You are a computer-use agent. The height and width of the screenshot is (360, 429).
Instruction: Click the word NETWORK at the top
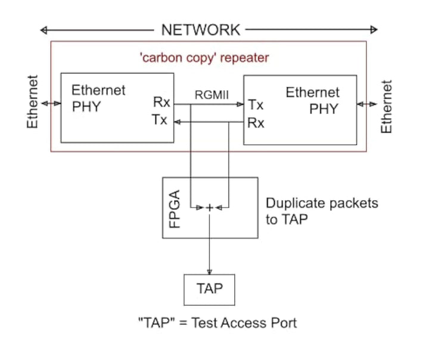tap(201, 29)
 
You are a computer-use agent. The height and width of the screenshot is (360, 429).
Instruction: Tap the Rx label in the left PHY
tap(161, 103)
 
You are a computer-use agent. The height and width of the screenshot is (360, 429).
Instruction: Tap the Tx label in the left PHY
tap(160, 120)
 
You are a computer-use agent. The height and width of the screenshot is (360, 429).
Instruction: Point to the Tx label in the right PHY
tap(256, 105)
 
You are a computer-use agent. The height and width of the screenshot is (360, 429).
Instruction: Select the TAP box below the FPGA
tap(209, 289)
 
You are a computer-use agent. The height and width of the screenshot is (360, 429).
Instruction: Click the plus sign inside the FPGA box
tap(210, 207)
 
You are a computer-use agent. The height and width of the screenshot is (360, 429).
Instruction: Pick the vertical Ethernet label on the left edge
tap(33, 103)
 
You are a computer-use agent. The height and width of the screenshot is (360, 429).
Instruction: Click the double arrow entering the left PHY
tap(51, 103)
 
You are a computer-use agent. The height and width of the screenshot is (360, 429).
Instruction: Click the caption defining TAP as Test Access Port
tap(217, 323)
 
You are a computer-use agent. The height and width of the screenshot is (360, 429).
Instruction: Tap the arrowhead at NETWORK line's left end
tap(43, 29)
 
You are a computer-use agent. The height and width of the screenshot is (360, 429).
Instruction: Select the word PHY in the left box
tap(86, 107)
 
